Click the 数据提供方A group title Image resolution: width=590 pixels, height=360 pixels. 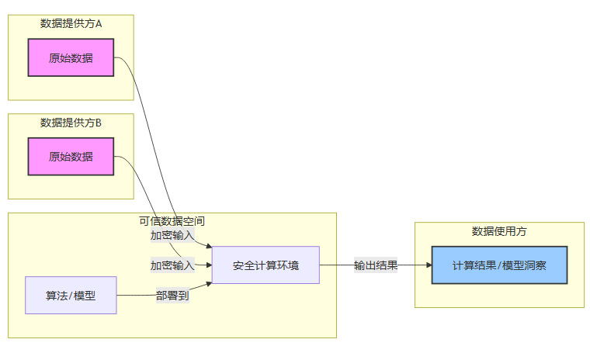(71, 24)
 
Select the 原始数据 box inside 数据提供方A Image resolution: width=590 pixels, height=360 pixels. (71, 57)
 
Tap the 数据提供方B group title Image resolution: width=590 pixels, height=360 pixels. (71, 123)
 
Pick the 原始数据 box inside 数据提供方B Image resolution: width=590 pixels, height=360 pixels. (71, 157)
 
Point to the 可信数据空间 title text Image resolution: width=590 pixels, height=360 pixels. (172, 221)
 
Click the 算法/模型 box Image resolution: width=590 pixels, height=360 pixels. (71, 296)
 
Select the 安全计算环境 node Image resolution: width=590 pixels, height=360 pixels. (265, 265)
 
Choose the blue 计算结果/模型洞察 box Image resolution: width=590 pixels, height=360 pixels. (499, 265)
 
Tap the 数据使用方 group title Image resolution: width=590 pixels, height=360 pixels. (499, 231)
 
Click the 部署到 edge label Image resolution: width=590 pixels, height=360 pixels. (172, 296)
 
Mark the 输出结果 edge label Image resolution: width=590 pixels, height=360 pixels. (376, 265)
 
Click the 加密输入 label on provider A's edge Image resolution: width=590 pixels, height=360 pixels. (172, 235)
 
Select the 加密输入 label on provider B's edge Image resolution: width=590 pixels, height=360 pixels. (172, 265)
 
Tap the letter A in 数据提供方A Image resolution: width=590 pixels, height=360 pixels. (99, 24)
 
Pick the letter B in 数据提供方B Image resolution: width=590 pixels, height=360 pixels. (99, 123)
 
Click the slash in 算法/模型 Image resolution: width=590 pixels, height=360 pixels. (71, 296)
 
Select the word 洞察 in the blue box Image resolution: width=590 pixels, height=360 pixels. (535, 265)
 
